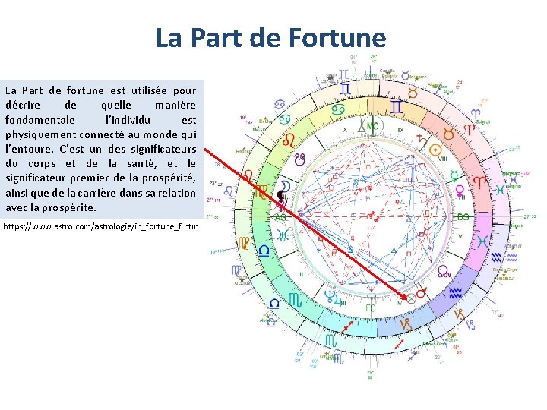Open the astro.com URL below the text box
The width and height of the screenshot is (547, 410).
(101, 226)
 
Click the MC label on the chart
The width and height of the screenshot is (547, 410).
(372, 125)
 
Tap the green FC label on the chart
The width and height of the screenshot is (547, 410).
(370, 308)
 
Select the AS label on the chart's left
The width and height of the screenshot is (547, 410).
(280, 217)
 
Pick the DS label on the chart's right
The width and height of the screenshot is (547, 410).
(463, 217)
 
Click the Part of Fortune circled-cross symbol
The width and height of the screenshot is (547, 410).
(412, 298)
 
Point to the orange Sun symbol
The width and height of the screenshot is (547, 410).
(448, 134)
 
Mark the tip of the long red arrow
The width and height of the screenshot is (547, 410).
(409, 296)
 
